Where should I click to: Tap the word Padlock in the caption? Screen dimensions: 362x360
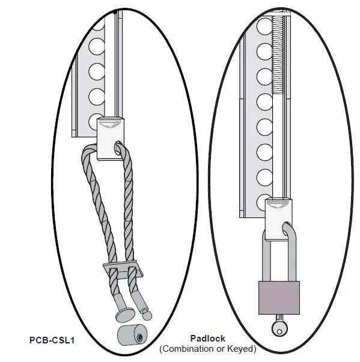coord(207,339)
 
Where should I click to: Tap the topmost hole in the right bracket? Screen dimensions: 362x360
coord(263,27)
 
